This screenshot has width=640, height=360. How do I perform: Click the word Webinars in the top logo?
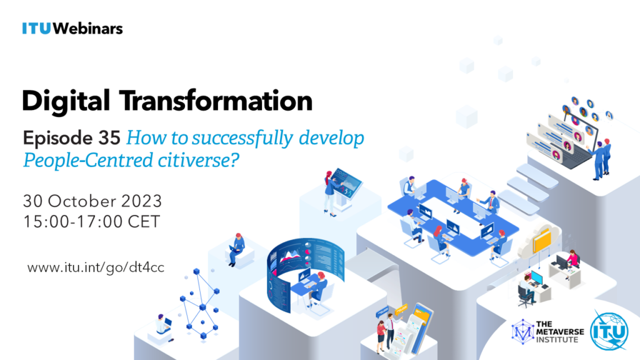[87, 29]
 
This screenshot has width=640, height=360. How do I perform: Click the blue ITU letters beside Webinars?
[36, 29]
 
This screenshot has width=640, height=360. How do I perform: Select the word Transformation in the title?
[216, 101]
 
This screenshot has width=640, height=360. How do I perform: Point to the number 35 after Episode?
[109, 138]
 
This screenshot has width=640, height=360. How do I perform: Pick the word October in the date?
[82, 201]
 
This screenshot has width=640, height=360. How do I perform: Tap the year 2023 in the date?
[142, 201]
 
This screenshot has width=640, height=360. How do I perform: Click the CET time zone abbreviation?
[144, 222]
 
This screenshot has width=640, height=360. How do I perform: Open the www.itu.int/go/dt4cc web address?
[96, 267]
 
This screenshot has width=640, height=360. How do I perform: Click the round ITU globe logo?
[609, 331]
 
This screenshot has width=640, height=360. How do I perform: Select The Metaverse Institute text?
[559, 332]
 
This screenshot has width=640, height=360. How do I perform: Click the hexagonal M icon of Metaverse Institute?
[522, 331]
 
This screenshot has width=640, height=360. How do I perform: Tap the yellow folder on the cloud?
[542, 241]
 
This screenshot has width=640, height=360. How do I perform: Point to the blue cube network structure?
[199, 304]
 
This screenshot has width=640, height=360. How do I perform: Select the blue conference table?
[453, 216]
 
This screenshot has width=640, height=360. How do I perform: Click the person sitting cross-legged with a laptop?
[236, 249]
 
